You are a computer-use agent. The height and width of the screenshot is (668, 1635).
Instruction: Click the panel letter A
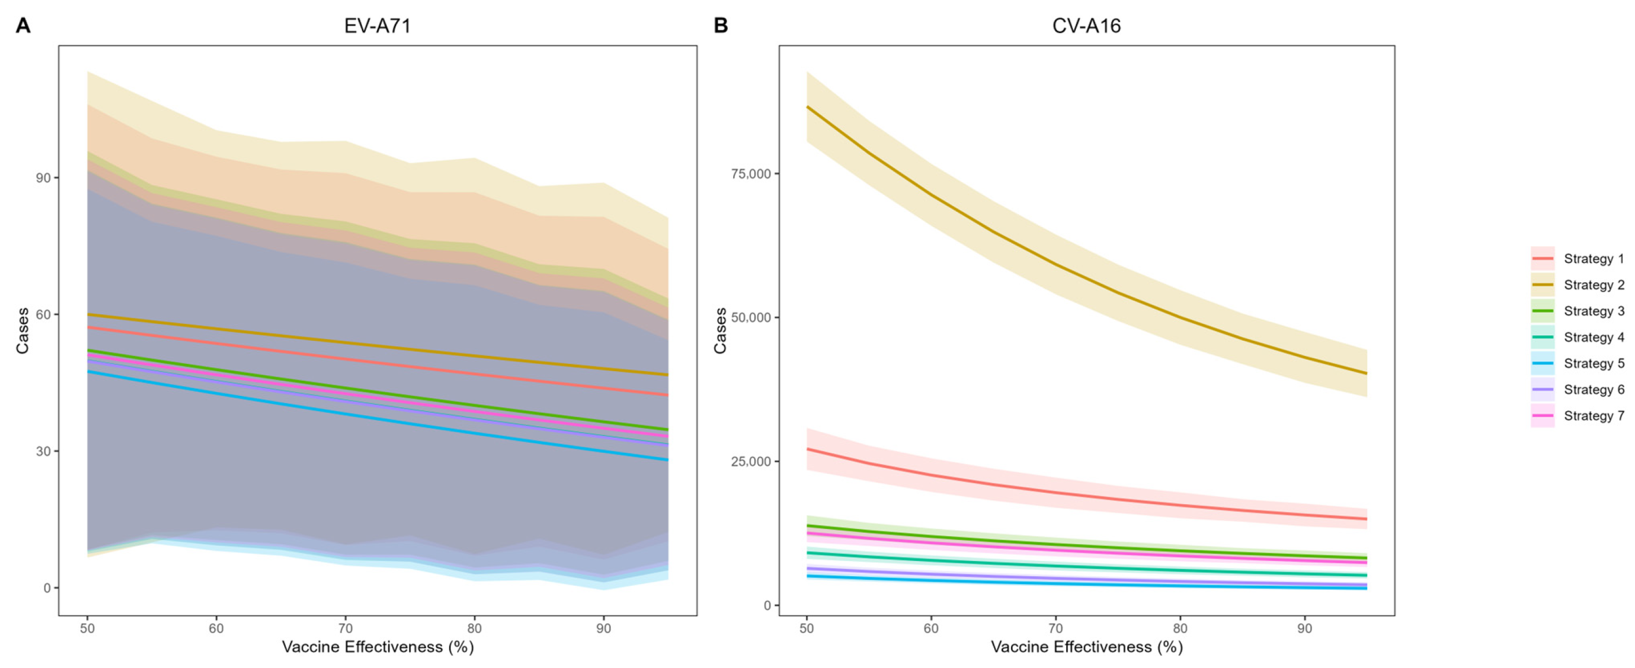(23, 26)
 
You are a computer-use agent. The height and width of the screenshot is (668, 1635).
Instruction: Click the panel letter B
(720, 26)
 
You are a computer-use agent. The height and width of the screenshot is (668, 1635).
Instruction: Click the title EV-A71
(377, 26)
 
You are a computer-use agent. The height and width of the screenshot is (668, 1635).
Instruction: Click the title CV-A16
(1086, 26)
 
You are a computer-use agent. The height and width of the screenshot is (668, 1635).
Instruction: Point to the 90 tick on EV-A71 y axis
(43, 177)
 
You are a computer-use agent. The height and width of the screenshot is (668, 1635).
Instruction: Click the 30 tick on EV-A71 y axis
(43, 451)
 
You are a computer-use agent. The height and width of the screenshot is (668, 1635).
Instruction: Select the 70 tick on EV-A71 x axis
(345, 628)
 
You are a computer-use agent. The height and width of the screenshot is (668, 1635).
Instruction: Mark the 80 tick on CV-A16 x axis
(1180, 628)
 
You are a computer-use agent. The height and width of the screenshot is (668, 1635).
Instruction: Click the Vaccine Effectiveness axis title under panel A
(378, 647)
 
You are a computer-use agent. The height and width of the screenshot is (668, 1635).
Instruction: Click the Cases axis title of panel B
(720, 331)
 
